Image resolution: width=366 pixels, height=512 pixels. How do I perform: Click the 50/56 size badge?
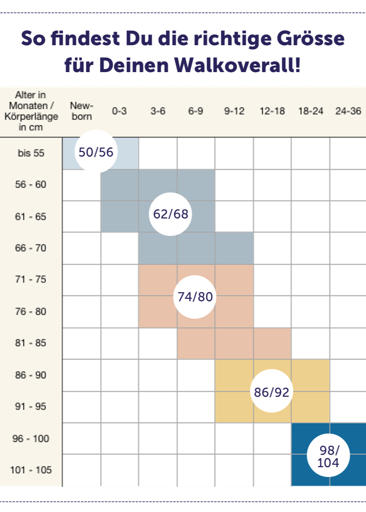tap(96, 151)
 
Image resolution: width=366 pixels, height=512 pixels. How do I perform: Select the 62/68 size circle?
tap(170, 214)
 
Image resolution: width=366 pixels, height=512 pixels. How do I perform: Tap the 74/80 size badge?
tap(195, 297)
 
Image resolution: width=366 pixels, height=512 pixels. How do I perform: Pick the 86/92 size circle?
tap(272, 392)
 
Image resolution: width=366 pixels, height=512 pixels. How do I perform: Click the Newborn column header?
tap(81, 111)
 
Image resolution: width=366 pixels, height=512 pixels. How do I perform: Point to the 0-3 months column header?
tap(119, 111)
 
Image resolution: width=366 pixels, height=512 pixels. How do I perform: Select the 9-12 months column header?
tap(234, 111)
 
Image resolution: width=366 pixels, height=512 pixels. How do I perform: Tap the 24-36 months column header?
tap(348, 111)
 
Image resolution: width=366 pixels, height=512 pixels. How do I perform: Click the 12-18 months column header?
tap(272, 111)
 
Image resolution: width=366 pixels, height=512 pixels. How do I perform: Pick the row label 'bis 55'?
tap(31, 153)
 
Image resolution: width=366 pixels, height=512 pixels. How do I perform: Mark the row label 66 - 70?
tap(31, 248)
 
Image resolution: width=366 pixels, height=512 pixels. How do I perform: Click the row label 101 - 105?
tap(31, 470)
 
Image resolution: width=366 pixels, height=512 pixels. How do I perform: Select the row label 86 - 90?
tap(31, 375)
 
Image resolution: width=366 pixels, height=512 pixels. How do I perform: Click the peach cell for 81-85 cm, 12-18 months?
tap(272, 343)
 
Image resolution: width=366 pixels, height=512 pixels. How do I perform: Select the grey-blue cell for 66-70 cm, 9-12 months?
tap(234, 248)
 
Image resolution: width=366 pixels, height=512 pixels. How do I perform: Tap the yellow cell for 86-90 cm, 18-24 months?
tap(310, 375)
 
